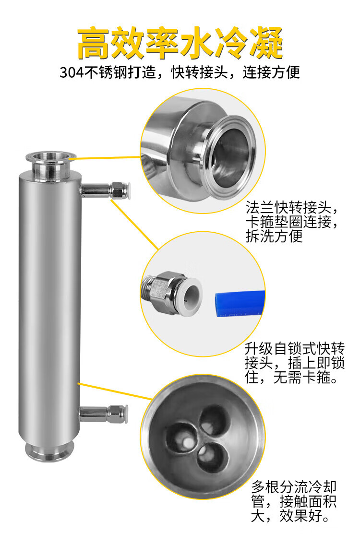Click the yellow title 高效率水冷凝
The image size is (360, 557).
click(180, 43)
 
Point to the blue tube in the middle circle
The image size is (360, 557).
click(240, 304)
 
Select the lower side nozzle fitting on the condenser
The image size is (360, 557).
click(104, 414)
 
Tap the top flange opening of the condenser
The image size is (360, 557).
click(51, 156)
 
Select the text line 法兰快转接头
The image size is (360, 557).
click(288, 207)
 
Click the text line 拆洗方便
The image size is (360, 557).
click(274, 236)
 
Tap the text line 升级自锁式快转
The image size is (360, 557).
click(295, 348)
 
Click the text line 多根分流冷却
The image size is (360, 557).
click(294, 486)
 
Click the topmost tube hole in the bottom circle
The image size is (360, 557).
click(213, 420)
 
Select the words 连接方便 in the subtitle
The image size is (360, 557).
click(271, 72)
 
